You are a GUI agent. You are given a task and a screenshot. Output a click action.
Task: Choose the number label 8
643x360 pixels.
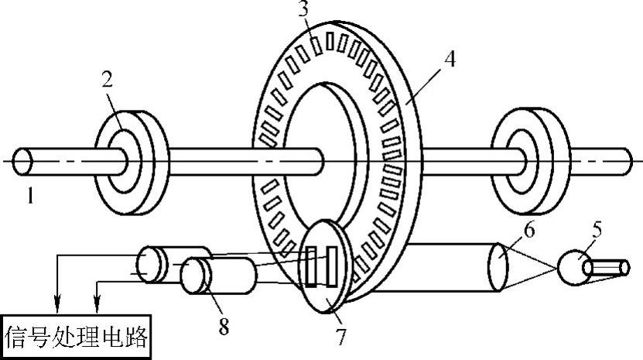(x=223, y=327)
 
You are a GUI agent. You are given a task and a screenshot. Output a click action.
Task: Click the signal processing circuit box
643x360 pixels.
(x=76, y=338)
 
